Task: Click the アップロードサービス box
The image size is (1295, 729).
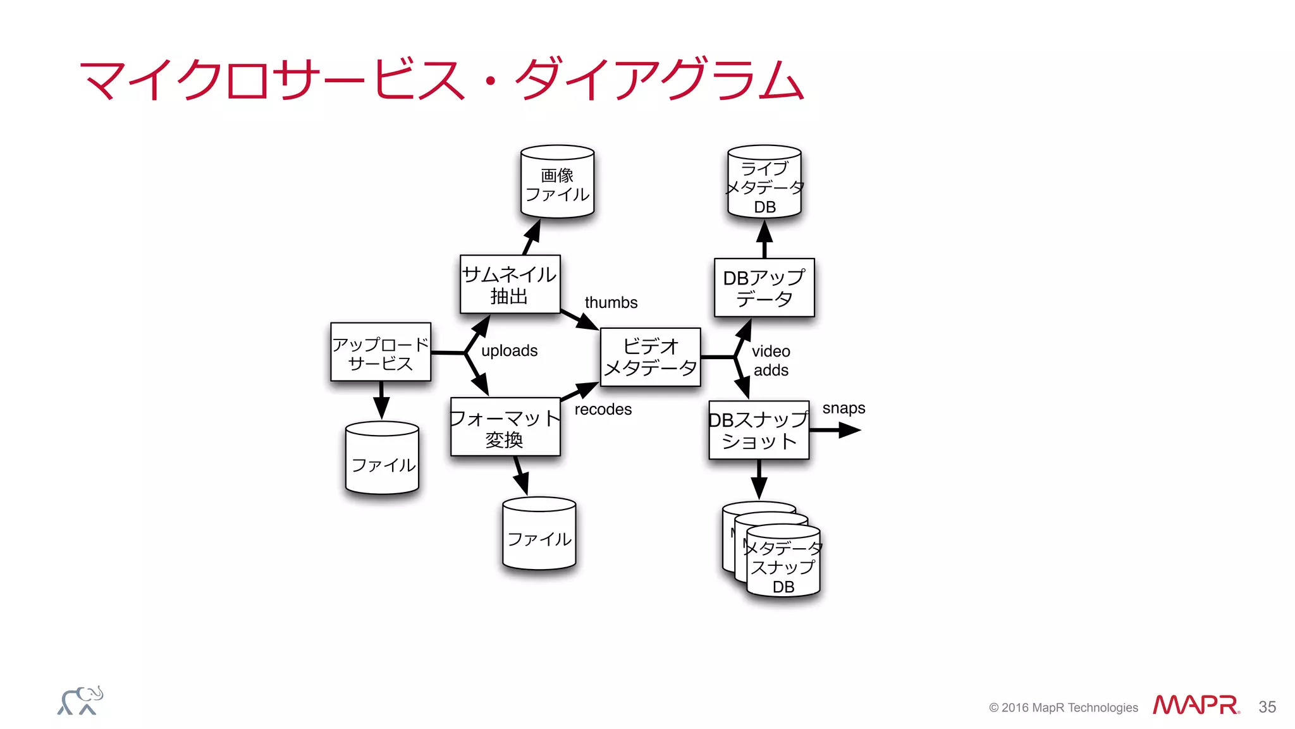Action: tap(381, 352)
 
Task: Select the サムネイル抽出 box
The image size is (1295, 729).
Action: tap(510, 285)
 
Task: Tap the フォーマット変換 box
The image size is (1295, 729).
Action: tap(505, 427)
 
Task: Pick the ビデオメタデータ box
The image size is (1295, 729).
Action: tap(650, 357)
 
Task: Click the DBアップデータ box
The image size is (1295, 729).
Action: tap(764, 288)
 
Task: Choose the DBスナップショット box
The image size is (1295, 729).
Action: tap(759, 430)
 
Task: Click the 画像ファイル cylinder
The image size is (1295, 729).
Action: tap(557, 183)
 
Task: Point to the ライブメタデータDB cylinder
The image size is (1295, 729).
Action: tap(764, 183)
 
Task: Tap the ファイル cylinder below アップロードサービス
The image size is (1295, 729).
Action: tap(383, 460)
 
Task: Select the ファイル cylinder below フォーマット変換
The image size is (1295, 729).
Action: tap(539, 535)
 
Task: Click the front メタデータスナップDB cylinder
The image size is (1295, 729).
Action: tap(783, 563)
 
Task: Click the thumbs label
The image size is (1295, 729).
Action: tap(611, 303)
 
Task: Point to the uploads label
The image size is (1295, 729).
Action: tap(509, 351)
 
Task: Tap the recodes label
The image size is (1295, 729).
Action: tap(603, 410)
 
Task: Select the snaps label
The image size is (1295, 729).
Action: tap(844, 408)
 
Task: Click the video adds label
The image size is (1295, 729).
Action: tap(771, 360)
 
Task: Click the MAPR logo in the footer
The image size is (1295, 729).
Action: tap(1195, 705)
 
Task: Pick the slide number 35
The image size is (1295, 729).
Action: tap(1267, 707)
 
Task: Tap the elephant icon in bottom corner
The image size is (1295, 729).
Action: tap(80, 701)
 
